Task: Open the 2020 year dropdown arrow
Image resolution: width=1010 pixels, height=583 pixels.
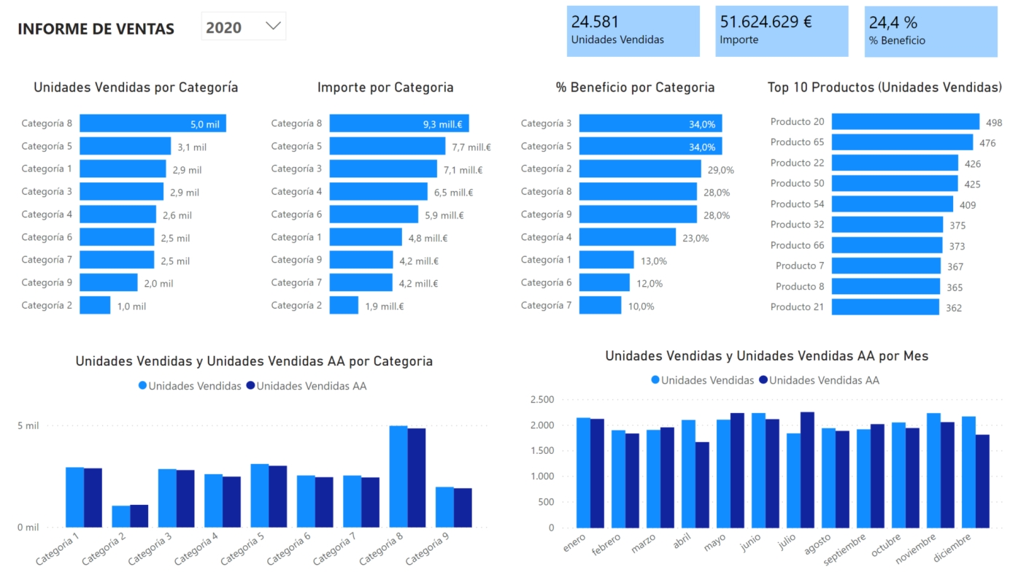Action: pos(273,26)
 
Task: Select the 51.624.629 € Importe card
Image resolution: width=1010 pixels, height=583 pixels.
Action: pos(782,31)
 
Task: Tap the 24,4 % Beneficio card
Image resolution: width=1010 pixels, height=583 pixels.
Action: pos(930,31)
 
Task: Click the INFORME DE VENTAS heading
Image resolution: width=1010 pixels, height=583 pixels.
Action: pos(96,29)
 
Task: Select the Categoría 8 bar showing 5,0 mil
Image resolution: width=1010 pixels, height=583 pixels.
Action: pos(153,124)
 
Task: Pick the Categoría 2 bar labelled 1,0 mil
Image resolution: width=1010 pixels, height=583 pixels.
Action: pos(95,306)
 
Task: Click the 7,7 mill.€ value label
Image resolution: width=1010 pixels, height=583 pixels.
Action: pos(471,147)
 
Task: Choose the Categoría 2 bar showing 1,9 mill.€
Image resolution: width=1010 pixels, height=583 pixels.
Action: pos(344,306)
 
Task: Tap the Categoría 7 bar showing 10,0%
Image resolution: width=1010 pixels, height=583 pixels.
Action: pos(600,306)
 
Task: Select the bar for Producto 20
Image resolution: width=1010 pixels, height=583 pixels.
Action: pos(905,122)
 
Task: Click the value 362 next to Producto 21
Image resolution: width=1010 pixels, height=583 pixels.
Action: pos(954,308)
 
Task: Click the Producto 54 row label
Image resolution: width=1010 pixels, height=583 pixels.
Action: pos(797,204)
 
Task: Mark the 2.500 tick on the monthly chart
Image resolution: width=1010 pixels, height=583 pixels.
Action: pos(542,400)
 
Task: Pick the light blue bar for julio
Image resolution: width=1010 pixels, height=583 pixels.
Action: pos(793,480)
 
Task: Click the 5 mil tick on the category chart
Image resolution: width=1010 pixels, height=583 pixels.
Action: pos(28,426)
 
